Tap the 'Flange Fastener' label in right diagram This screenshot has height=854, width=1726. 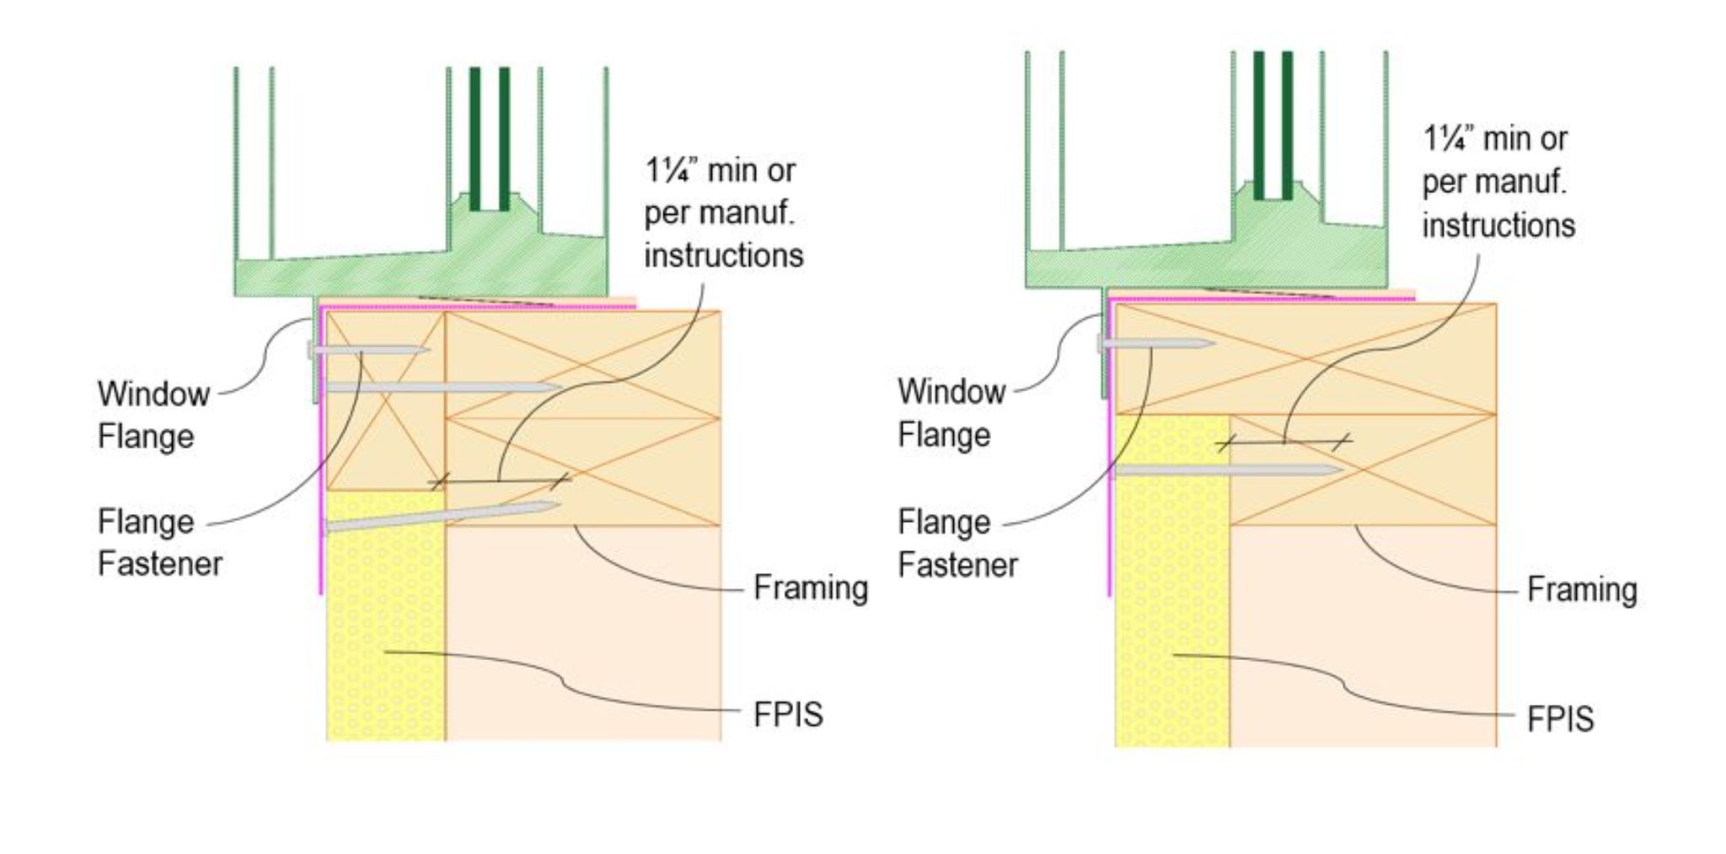click(957, 543)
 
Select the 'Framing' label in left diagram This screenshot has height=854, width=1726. click(810, 588)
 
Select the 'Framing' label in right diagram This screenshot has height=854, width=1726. click(1581, 589)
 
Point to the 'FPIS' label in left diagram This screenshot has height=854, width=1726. click(787, 714)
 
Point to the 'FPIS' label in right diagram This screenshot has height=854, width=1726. click(1559, 719)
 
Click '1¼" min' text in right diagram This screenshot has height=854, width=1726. click(1494, 139)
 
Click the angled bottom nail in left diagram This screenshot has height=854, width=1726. click(442, 517)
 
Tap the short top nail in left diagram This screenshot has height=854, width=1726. click(371, 349)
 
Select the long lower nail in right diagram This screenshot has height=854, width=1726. click(1226, 470)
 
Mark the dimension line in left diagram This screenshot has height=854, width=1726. click(499, 481)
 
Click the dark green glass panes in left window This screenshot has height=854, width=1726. click(490, 139)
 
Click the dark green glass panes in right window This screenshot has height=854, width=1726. click(1273, 126)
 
